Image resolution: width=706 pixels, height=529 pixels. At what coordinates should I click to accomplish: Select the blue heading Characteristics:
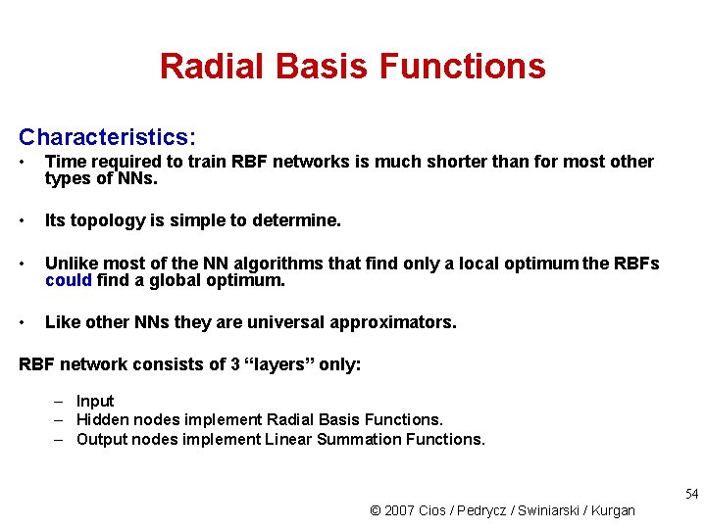click(107, 136)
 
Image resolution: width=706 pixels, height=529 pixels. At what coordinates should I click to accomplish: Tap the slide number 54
click(692, 493)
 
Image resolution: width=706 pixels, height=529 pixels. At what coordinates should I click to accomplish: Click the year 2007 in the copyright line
click(399, 510)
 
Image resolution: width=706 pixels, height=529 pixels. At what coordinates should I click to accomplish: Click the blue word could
click(69, 280)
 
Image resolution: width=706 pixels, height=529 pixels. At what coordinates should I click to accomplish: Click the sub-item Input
click(95, 401)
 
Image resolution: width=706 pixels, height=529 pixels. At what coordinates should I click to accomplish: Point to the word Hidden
click(102, 419)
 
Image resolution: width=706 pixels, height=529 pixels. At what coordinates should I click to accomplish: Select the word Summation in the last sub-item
click(354, 439)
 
